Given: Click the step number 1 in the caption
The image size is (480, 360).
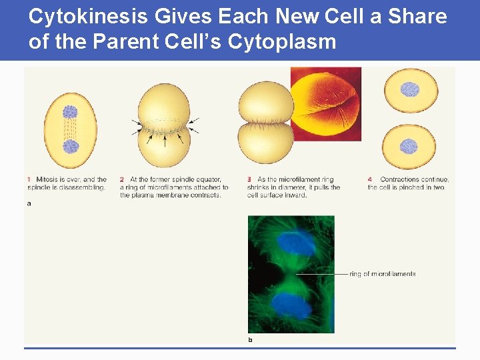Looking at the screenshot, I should [x=29, y=179].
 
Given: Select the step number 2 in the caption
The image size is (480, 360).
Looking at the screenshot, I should [x=122, y=179].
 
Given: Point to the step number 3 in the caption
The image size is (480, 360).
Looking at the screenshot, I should [x=249, y=179].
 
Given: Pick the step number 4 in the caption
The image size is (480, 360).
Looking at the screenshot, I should [x=370, y=179].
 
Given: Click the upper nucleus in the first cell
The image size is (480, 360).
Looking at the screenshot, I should [x=70, y=113].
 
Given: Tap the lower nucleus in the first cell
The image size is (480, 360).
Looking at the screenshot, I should [x=70, y=147].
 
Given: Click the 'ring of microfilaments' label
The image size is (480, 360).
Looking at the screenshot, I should [x=382, y=274].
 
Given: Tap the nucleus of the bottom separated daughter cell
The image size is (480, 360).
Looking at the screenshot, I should [x=408, y=146].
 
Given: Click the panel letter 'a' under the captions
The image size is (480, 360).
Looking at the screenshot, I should [x=29, y=203].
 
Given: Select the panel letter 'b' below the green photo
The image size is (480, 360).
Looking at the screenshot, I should [x=250, y=339].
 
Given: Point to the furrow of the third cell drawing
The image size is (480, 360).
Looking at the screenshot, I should [x=265, y=124].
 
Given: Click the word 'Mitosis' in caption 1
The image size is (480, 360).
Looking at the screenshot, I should [x=45, y=179].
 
